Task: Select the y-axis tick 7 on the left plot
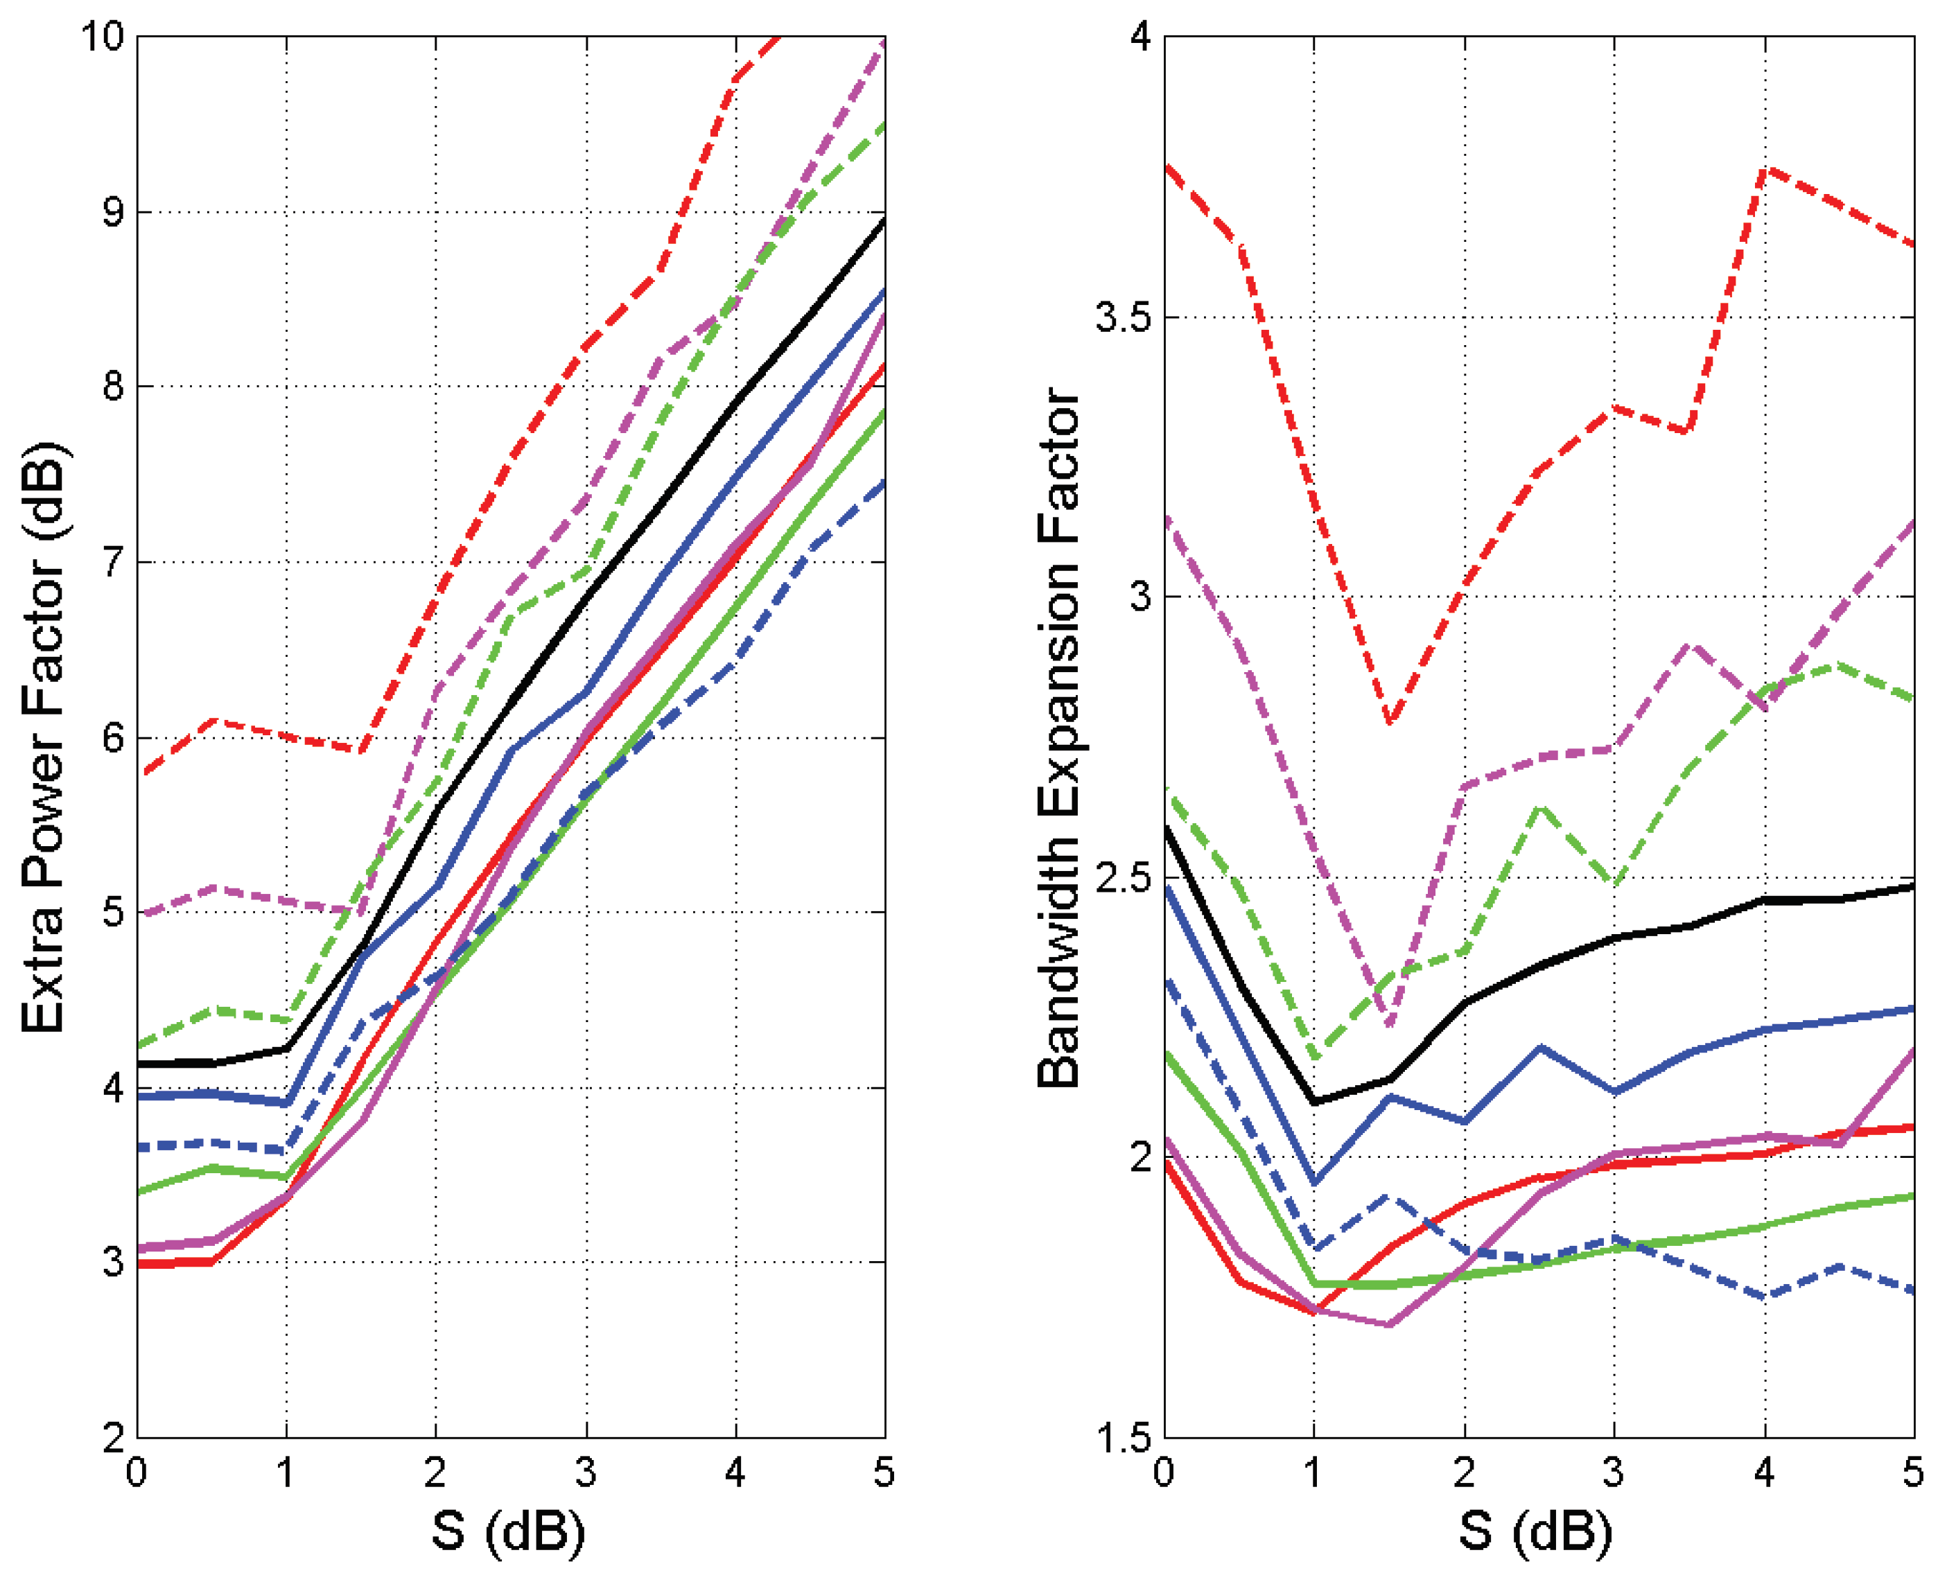[x=112, y=562]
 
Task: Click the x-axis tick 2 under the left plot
[x=436, y=1473]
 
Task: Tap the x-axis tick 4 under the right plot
[x=1765, y=1473]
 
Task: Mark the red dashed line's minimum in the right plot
[x=1389, y=722]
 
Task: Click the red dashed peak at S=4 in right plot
[x=1765, y=170]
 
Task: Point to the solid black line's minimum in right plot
[x=1314, y=1102]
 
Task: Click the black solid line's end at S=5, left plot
[x=884, y=220]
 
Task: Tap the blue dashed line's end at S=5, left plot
[x=884, y=481]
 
